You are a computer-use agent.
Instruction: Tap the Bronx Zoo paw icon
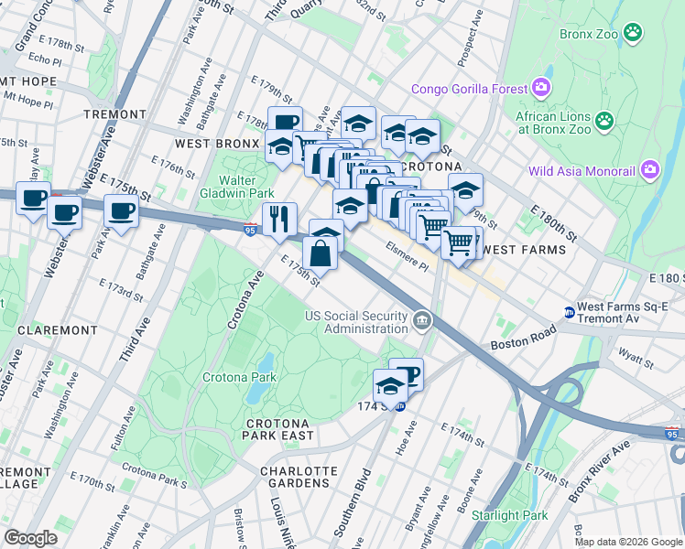click(x=632, y=33)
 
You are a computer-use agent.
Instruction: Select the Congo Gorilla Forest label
click(x=470, y=89)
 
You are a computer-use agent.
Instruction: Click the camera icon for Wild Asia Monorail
click(x=650, y=170)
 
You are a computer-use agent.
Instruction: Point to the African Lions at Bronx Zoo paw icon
click(x=603, y=120)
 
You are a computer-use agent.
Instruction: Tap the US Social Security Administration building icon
click(x=421, y=320)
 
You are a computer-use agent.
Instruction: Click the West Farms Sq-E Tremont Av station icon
click(x=569, y=312)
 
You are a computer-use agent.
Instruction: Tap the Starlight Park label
click(x=509, y=515)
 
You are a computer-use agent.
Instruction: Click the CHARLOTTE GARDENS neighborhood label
click(x=299, y=478)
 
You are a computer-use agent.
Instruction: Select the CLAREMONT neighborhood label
click(x=57, y=329)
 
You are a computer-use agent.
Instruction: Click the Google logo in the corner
click(x=30, y=538)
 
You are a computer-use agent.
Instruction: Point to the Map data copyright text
click(x=628, y=542)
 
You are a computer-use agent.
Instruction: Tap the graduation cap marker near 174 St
click(x=390, y=385)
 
